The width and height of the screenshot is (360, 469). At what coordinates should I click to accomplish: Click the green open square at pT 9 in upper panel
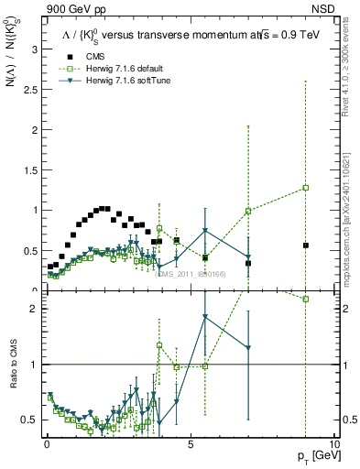pos(305,188)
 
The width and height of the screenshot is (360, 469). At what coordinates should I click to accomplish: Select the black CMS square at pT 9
pos(305,245)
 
